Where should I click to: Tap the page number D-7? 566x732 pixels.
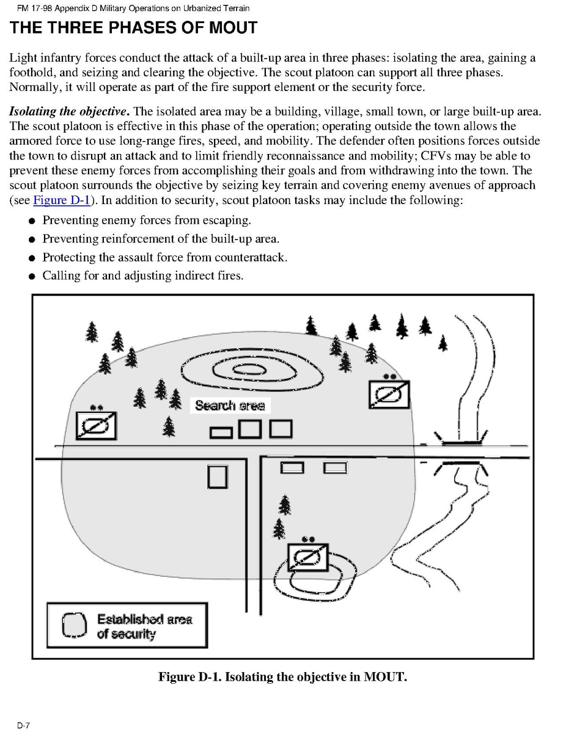(x=23, y=725)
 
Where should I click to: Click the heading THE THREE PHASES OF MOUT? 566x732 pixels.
(x=133, y=27)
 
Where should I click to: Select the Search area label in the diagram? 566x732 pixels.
(x=230, y=405)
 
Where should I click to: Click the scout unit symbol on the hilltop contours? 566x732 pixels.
(x=309, y=556)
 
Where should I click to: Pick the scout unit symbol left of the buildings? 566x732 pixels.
(x=96, y=425)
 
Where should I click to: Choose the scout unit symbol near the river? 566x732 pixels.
(x=389, y=394)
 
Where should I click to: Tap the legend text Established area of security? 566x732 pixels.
(x=144, y=626)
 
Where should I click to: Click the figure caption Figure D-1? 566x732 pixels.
(x=282, y=676)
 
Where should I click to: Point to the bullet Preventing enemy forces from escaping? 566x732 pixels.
(x=146, y=220)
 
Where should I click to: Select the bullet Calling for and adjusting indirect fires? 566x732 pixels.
(x=142, y=276)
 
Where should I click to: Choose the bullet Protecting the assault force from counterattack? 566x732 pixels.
(x=164, y=257)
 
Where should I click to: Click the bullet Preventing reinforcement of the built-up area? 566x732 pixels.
(x=160, y=238)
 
